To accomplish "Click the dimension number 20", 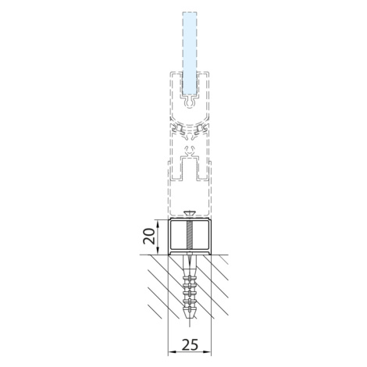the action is pos(149,236).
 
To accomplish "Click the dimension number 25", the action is pos(190,344).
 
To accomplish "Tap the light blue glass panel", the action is pos(190,53).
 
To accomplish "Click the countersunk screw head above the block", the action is pos(190,214).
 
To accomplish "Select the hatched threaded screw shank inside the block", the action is pos(190,235).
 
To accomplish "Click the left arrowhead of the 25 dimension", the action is pos(171,352).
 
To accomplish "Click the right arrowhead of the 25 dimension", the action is pos(208,352).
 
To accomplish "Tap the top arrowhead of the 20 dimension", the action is pos(158,223).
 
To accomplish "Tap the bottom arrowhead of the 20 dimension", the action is pos(158,251).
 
